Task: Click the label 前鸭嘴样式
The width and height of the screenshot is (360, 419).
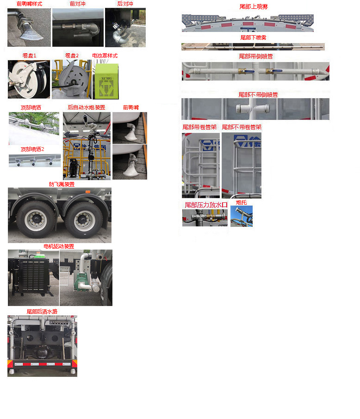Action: [x=29, y=4]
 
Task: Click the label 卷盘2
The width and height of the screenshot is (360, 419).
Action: [x=72, y=56]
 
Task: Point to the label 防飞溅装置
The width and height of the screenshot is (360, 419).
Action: [x=62, y=184]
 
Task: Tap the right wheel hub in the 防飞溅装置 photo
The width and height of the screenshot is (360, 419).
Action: [x=84, y=219]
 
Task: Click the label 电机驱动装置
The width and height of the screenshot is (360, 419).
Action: [x=59, y=246]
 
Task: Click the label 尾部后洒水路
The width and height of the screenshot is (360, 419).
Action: [x=42, y=312]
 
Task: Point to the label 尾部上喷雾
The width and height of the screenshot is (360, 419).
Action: [x=253, y=7]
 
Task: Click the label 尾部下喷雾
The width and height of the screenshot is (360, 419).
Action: [x=253, y=38]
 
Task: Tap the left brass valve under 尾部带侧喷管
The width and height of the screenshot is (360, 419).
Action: [x=242, y=72]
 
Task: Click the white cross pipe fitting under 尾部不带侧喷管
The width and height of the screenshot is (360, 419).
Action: [x=247, y=109]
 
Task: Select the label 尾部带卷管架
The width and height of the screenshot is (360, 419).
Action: [x=199, y=127]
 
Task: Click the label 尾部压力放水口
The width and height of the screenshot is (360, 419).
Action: [x=206, y=205]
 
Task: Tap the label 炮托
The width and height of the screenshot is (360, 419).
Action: [x=241, y=202]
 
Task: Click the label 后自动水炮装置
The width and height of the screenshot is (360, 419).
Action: [x=87, y=107]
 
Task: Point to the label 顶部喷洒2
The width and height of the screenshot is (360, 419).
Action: [x=32, y=149]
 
